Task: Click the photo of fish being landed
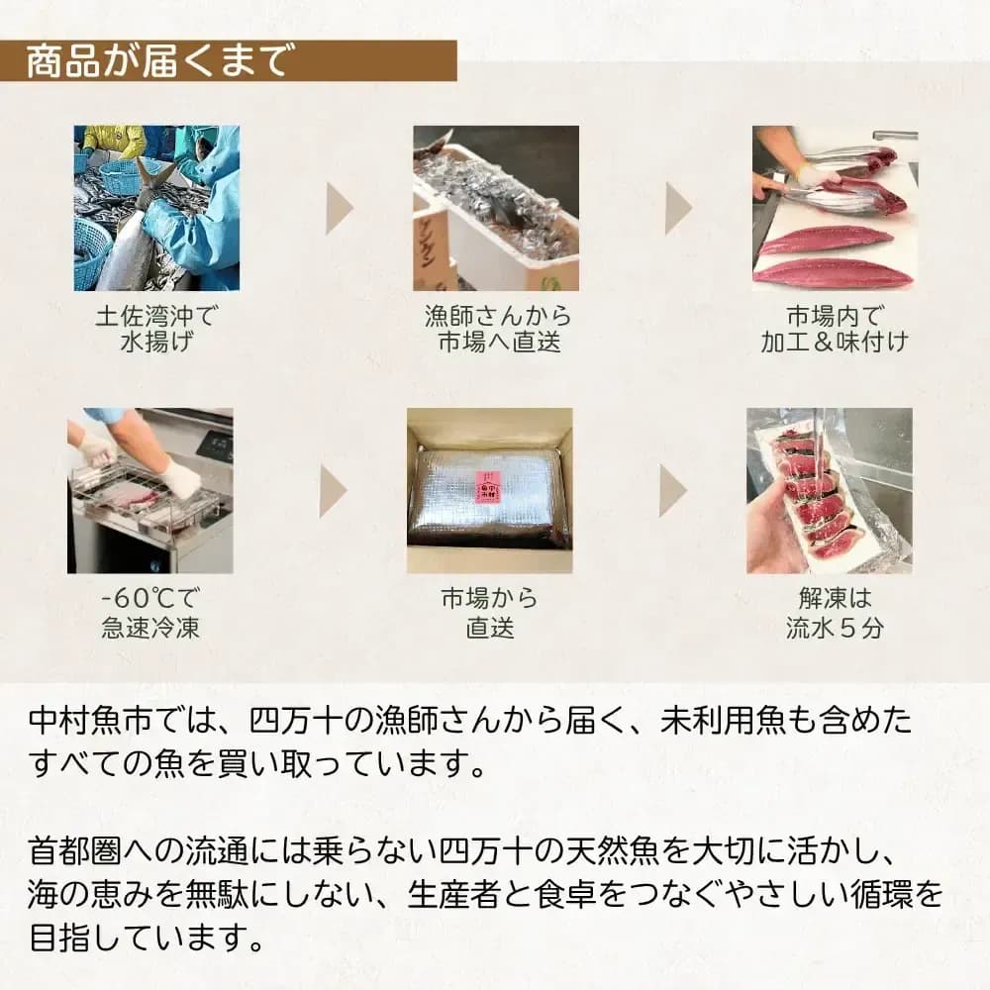[156, 208]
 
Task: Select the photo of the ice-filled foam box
[496, 208]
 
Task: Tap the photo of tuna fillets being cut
[835, 208]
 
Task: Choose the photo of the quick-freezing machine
[150, 491]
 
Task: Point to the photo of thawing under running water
[829, 491]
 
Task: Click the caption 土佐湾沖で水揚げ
[156, 329]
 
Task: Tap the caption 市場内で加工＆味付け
[835, 329]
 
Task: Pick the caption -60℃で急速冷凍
[150, 613]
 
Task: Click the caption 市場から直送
[489, 613]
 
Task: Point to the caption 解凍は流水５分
[834, 613]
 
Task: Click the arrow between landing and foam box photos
[339, 208]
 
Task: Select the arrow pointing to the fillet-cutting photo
[678, 208]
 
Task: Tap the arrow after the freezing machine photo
[333, 491]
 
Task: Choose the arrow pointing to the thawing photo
[672, 491]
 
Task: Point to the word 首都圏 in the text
[74, 850]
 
